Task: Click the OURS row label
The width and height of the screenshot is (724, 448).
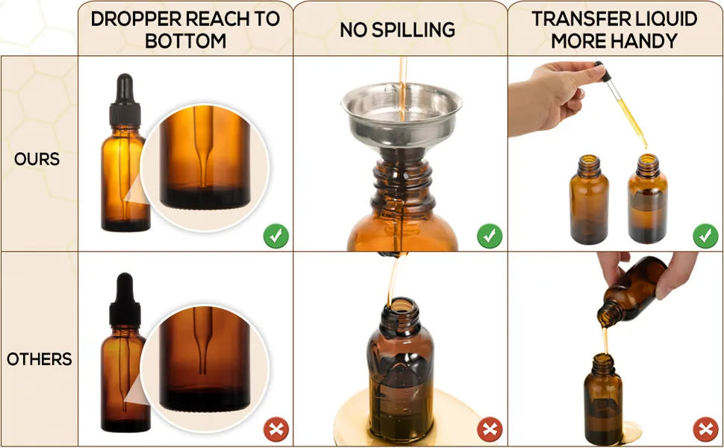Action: [x=37, y=159]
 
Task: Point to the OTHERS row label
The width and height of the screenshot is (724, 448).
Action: [x=40, y=359]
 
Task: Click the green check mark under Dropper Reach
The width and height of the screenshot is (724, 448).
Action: [x=276, y=236]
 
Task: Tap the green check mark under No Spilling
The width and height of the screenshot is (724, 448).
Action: [x=490, y=236]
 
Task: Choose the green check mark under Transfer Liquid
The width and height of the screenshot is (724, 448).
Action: [x=705, y=236]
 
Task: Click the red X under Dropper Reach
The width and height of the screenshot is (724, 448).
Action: [x=276, y=430]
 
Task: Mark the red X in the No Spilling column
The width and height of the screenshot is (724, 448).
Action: [x=490, y=430]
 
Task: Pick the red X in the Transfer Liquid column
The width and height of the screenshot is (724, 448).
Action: [x=705, y=430]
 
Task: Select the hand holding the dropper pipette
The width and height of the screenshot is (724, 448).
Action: [x=550, y=98]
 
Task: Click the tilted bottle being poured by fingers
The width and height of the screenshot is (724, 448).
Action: [x=632, y=292]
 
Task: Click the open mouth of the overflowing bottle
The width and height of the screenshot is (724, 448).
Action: [x=400, y=305]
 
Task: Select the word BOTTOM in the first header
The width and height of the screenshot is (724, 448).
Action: [x=186, y=41]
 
